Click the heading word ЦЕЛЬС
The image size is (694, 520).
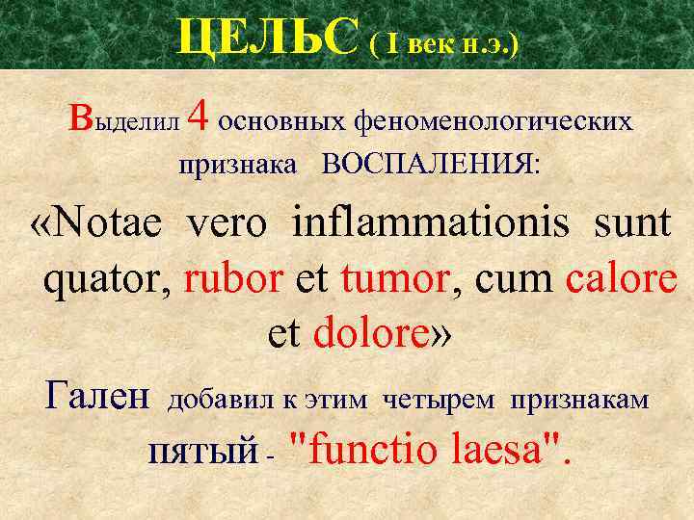[x=268, y=39]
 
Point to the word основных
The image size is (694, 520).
[x=283, y=122]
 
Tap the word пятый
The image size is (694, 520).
[x=203, y=451]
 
